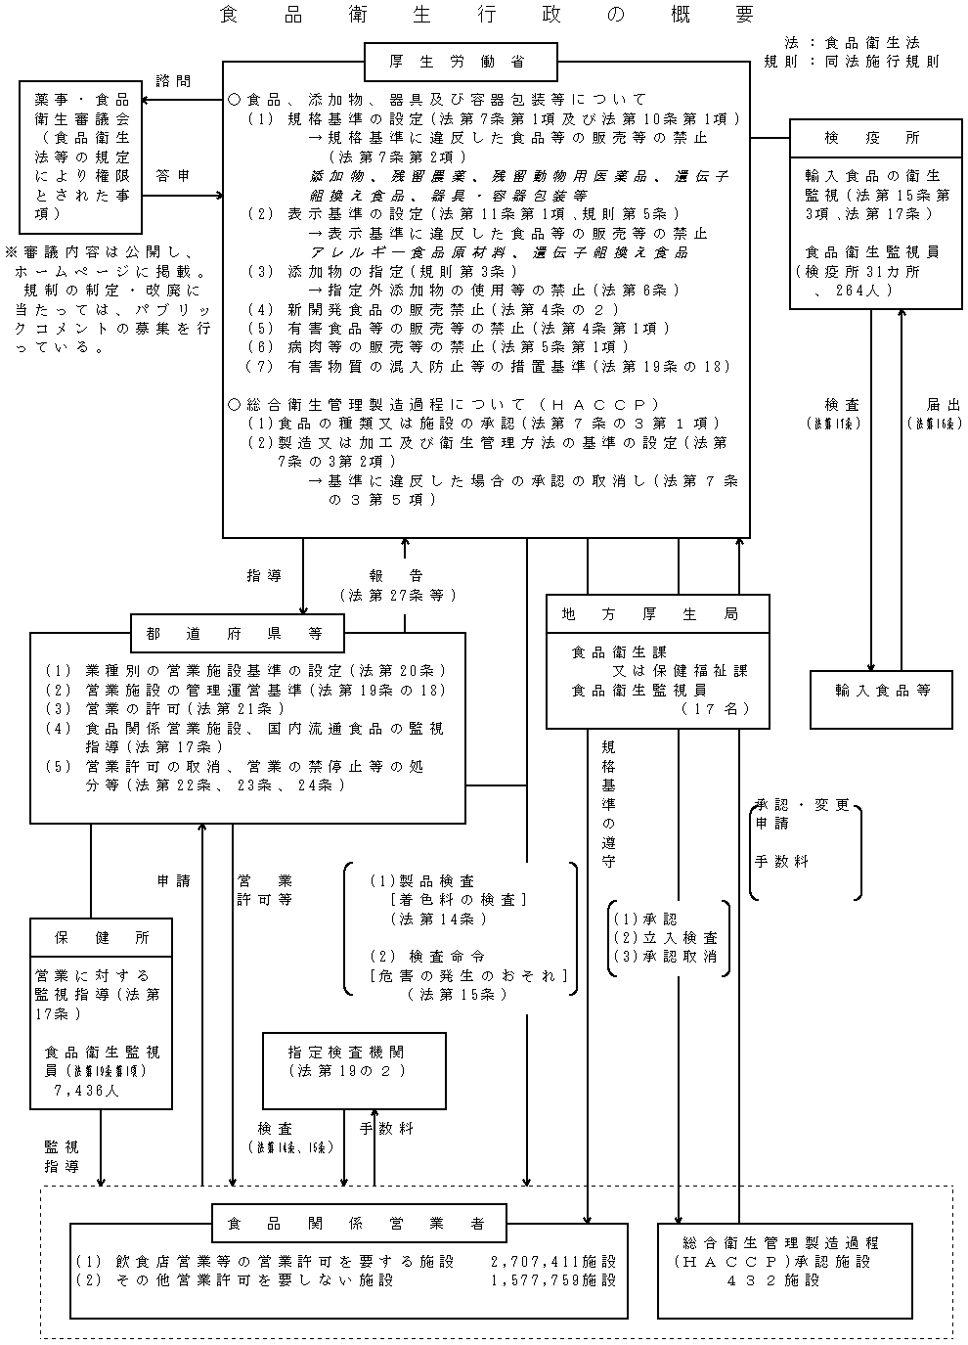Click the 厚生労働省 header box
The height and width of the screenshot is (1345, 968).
pyautogui.click(x=462, y=62)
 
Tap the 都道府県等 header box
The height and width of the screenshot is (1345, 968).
pyautogui.click(x=238, y=633)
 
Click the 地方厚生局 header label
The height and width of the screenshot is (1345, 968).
pyautogui.click(x=650, y=614)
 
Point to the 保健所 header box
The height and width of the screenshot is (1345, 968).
pyautogui.click(x=102, y=937)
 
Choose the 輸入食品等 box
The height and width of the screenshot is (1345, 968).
pyautogui.click(x=881, y=690)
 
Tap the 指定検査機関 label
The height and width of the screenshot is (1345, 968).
pyautogui.click(x=346, y=1053)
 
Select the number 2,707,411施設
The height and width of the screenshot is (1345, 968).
pyautogui.click(x=553, y=1262)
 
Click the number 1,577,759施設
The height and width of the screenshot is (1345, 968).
pyautogui.click(x=553, y=1279)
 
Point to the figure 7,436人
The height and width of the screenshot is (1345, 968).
pyautogui.click(x=88, y=1090)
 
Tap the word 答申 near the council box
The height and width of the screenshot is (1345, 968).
pyautogui.click(x=173, y=176)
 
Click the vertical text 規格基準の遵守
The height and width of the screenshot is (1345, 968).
pyautogui.click(x=608, y=803)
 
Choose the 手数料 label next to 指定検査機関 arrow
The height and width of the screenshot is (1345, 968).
pyautogui.click(x=386, y=1128)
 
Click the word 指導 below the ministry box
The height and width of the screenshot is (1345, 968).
pyautogui.click(x=264, y=576)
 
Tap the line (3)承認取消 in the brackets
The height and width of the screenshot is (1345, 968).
pyautogui.click(x=665, y=956)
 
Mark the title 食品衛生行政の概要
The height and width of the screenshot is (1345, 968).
pyautogui.click(x=487, y=15)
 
